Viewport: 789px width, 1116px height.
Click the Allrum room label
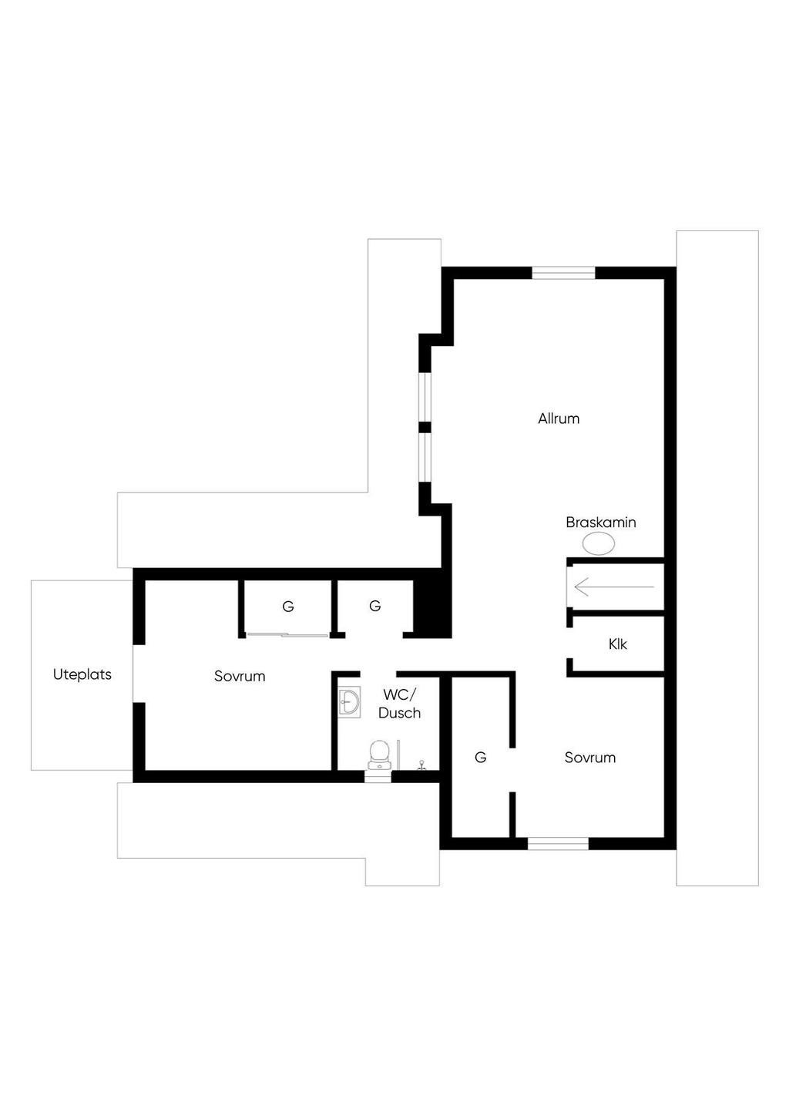[559, 418]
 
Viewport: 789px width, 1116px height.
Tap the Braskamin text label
[601, 522]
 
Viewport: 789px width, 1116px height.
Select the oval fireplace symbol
[598, 543]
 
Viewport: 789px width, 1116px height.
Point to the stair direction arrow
[614, 587]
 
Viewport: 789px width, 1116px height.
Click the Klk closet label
[618, 644]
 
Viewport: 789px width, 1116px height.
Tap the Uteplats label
[82, 674]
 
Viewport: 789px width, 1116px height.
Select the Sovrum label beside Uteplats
[240, 676]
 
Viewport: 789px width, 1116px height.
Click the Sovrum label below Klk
[589, 758]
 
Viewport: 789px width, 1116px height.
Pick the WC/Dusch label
[399, 704]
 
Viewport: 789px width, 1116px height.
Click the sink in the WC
[349, 703]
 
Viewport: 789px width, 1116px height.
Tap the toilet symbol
[379, 755]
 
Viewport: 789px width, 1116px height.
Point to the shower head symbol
[421, 765]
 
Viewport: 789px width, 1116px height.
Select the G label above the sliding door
[288, 607]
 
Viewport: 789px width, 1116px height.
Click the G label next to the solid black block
[375, 606]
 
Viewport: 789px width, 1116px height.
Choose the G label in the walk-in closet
[480, 758]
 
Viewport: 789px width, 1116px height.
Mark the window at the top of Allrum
[563, 273]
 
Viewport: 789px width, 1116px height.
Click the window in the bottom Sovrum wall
[558, 843]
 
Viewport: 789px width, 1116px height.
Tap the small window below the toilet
[378, 776]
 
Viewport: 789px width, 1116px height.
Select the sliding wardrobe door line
[288, 635]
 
